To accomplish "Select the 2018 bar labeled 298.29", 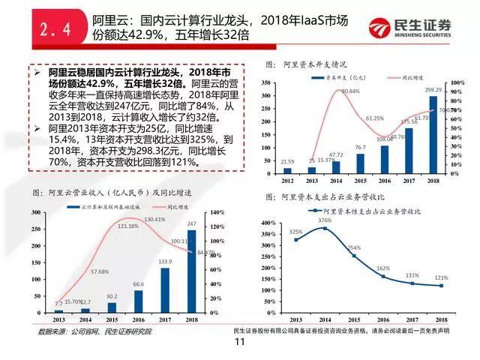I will pos(433,136).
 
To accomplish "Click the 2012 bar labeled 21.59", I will pos(288,170).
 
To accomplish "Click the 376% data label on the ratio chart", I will pos(325,220).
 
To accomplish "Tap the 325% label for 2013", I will pos(295,232).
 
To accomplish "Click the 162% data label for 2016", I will pos(382,268).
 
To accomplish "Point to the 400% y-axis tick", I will pos(269,223).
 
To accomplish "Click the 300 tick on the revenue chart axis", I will pos(35,213).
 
